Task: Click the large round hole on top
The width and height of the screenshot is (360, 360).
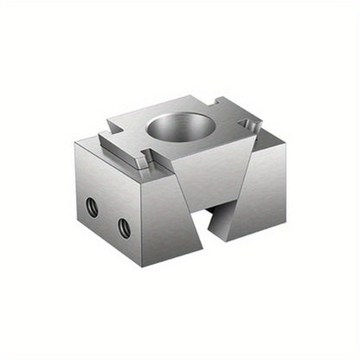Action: coord(181,127)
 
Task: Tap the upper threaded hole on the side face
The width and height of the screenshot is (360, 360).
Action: coord(92,208)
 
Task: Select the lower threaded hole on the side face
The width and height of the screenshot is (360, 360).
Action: coord(124,228)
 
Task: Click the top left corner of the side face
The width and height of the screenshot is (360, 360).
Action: coord(76,145)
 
